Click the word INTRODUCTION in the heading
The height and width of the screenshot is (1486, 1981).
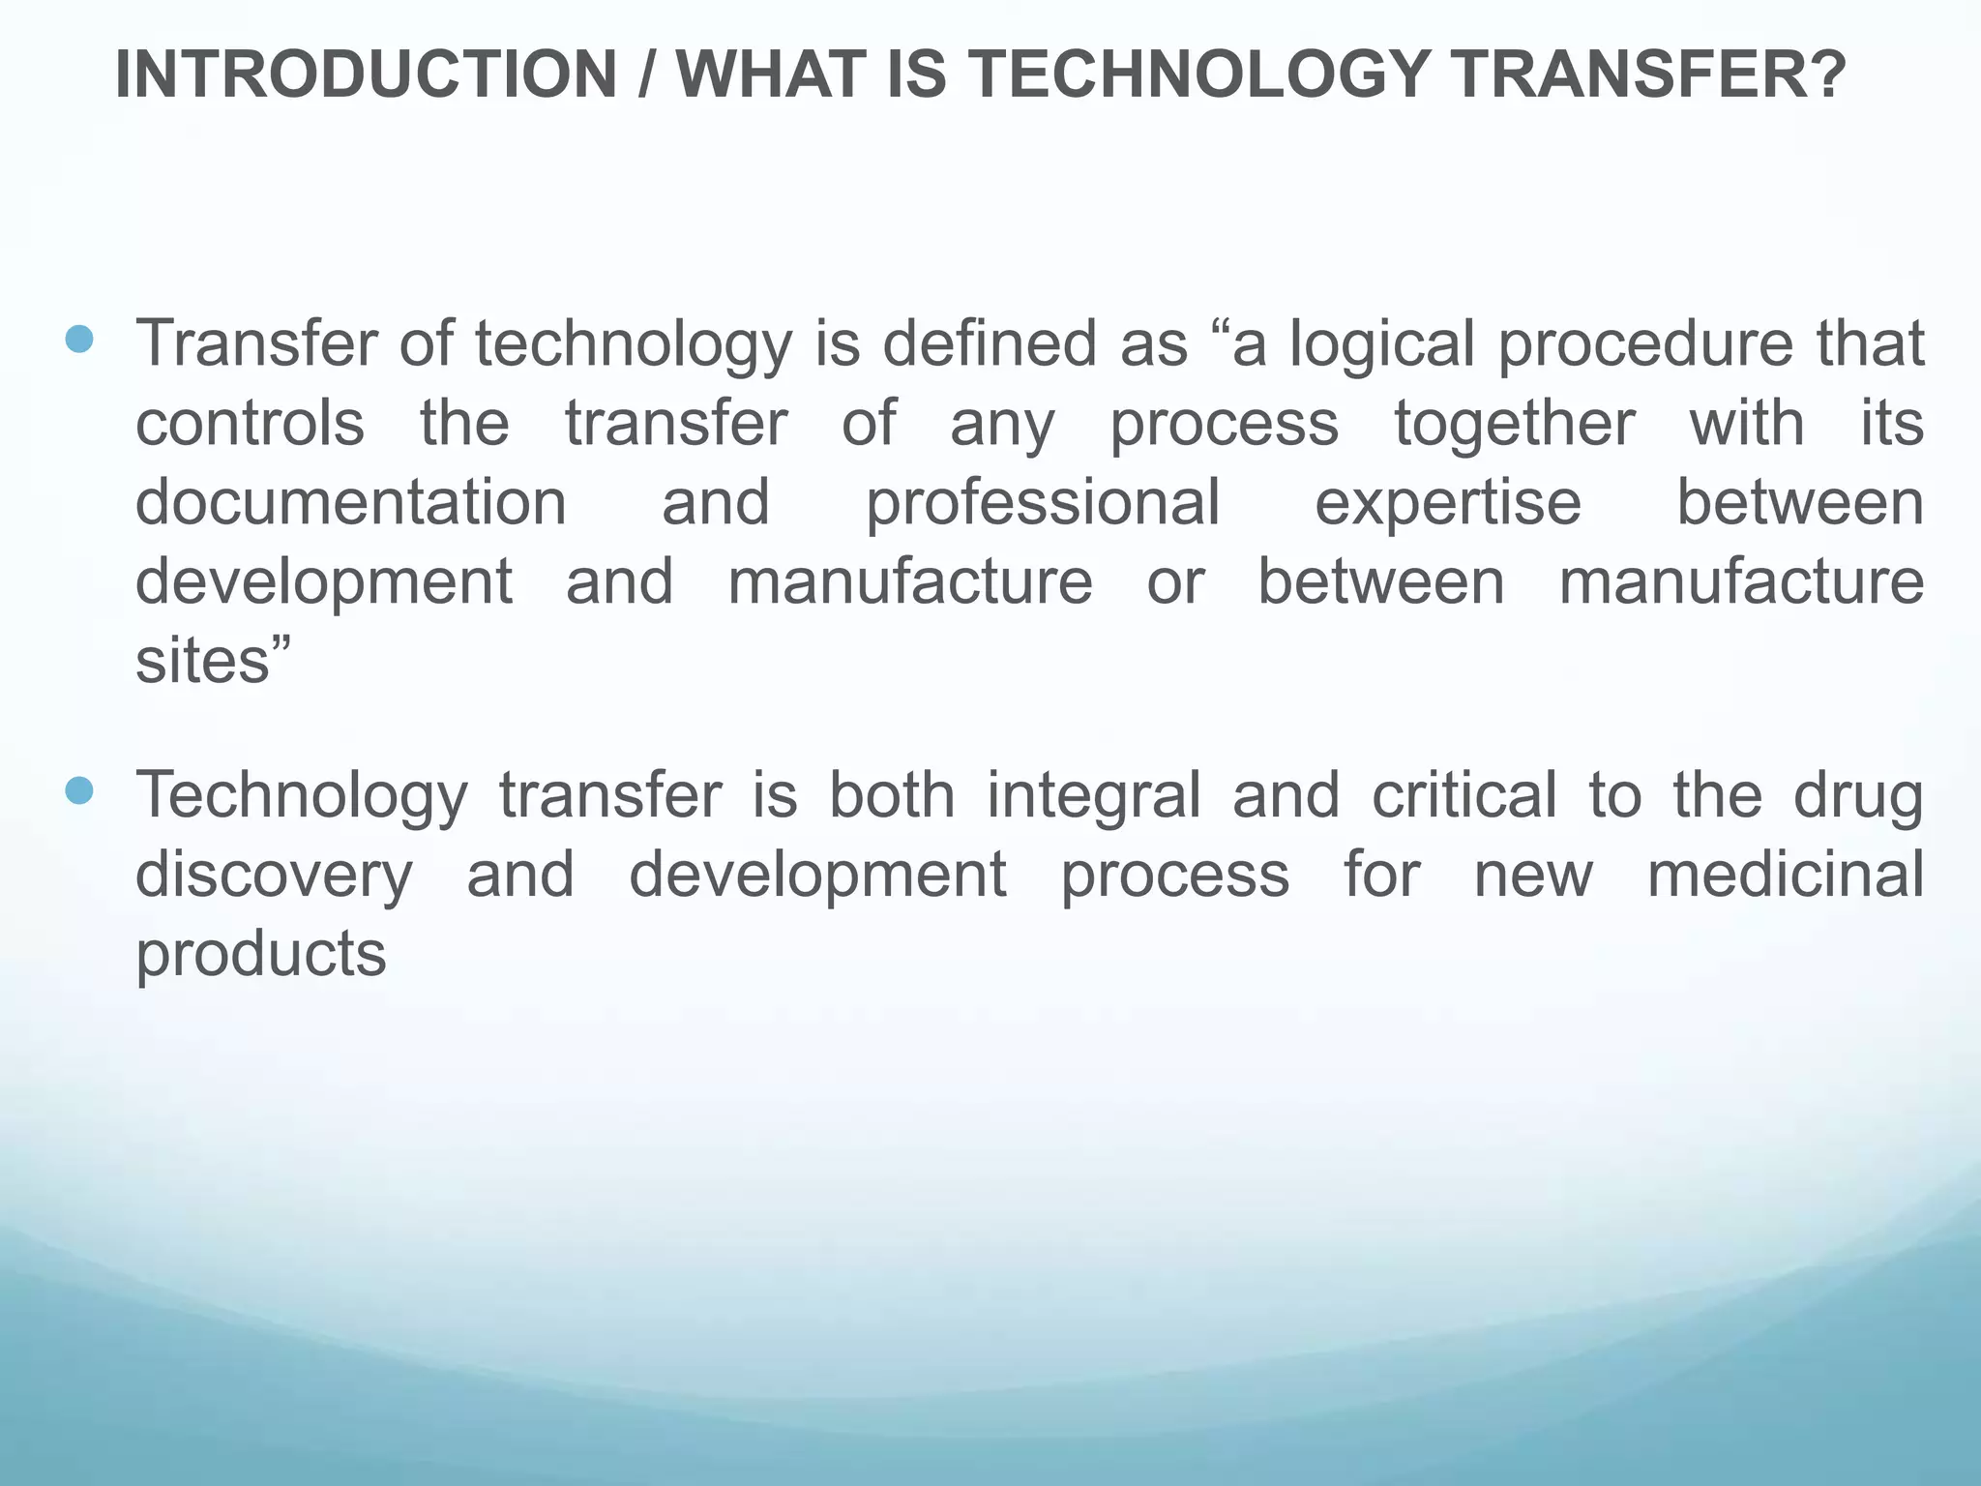click(366, 75)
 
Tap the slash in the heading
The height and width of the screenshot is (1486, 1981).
click(645, 75)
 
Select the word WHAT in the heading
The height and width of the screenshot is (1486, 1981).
click(770, 75)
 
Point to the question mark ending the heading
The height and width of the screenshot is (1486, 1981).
click(1826, 75)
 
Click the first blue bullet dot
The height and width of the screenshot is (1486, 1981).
click(79, 339)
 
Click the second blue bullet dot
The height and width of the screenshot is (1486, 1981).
click(79, 791)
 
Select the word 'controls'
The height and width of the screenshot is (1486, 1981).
click(250, 424)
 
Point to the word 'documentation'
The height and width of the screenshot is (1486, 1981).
click(351, 503)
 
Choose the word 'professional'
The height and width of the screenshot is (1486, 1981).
click(1042, 505)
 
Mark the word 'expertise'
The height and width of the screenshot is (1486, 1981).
click(1447, 505)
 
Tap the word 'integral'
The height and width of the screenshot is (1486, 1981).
click(1093, 797)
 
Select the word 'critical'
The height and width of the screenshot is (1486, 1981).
click(1464, 795)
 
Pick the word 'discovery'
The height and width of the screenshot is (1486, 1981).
click(274, 877)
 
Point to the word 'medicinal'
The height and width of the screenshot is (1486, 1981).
click(1785, 875)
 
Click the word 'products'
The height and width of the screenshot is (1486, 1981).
click(261, 956)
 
